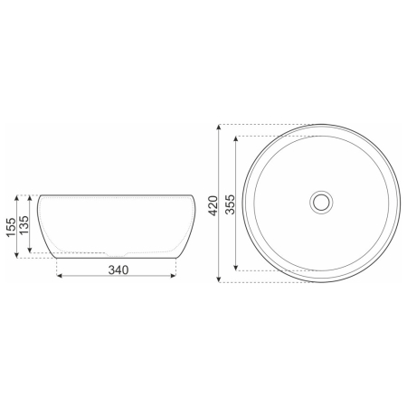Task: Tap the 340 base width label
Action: [118, 270]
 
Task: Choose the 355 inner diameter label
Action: [231, 203]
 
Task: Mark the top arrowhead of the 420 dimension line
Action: [221, 128]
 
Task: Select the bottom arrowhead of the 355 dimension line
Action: [237, 268]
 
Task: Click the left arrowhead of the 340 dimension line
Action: [62, 279]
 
